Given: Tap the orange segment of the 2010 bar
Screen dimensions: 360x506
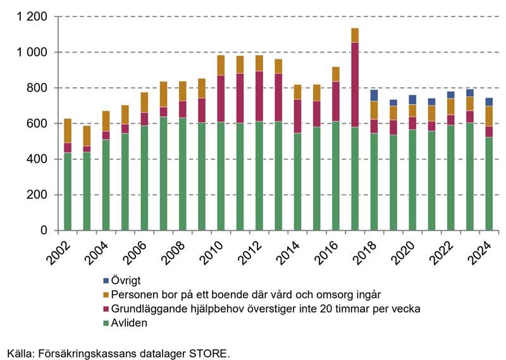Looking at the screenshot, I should point(221,65).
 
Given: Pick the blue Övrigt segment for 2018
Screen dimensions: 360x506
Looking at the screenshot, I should point(374,96).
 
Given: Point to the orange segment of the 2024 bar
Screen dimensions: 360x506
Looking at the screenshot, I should point(489,116).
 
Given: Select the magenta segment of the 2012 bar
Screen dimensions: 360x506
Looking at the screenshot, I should point(259,96).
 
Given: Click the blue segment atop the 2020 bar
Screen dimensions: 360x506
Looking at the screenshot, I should point(412,100).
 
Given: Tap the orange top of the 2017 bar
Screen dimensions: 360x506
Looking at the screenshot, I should point(355,35).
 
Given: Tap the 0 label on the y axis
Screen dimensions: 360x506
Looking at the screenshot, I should point(44,231).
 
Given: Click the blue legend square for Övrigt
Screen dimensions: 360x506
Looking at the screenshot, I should point(106,280).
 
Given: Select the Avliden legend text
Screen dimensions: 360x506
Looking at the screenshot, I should point(129,323).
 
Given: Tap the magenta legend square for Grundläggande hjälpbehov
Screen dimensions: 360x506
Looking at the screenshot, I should point(106,309).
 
